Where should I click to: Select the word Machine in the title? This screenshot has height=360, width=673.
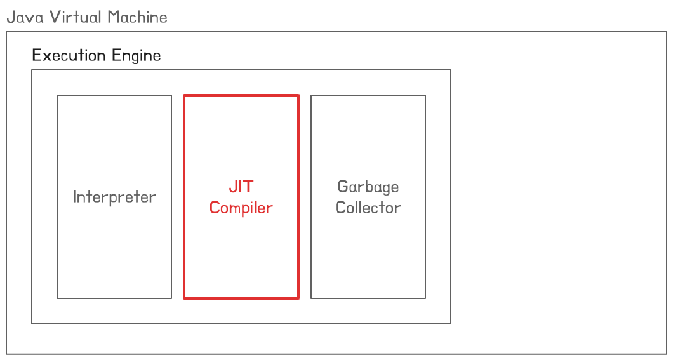pos(137,17)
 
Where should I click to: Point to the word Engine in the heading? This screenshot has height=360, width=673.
pos(137,56)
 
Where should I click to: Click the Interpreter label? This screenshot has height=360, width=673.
pos(114,197)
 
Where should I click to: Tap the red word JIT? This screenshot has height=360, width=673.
pos(241,187)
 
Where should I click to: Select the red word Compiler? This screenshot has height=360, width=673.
pos(241,208)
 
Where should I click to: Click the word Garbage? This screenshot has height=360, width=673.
pos(368,187)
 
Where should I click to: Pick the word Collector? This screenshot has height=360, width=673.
pos(368,208)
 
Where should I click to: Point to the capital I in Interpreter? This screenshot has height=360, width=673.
pos(74,197)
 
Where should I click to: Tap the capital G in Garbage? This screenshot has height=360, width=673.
pos(343,187)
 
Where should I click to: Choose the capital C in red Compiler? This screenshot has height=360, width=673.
pos(215,208)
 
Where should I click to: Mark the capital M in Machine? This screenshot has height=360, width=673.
pos(113,17)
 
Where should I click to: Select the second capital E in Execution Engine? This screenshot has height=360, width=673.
pos(116,55)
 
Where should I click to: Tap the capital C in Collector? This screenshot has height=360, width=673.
pos(340,208)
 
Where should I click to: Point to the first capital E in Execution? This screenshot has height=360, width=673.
pos(36,55)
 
